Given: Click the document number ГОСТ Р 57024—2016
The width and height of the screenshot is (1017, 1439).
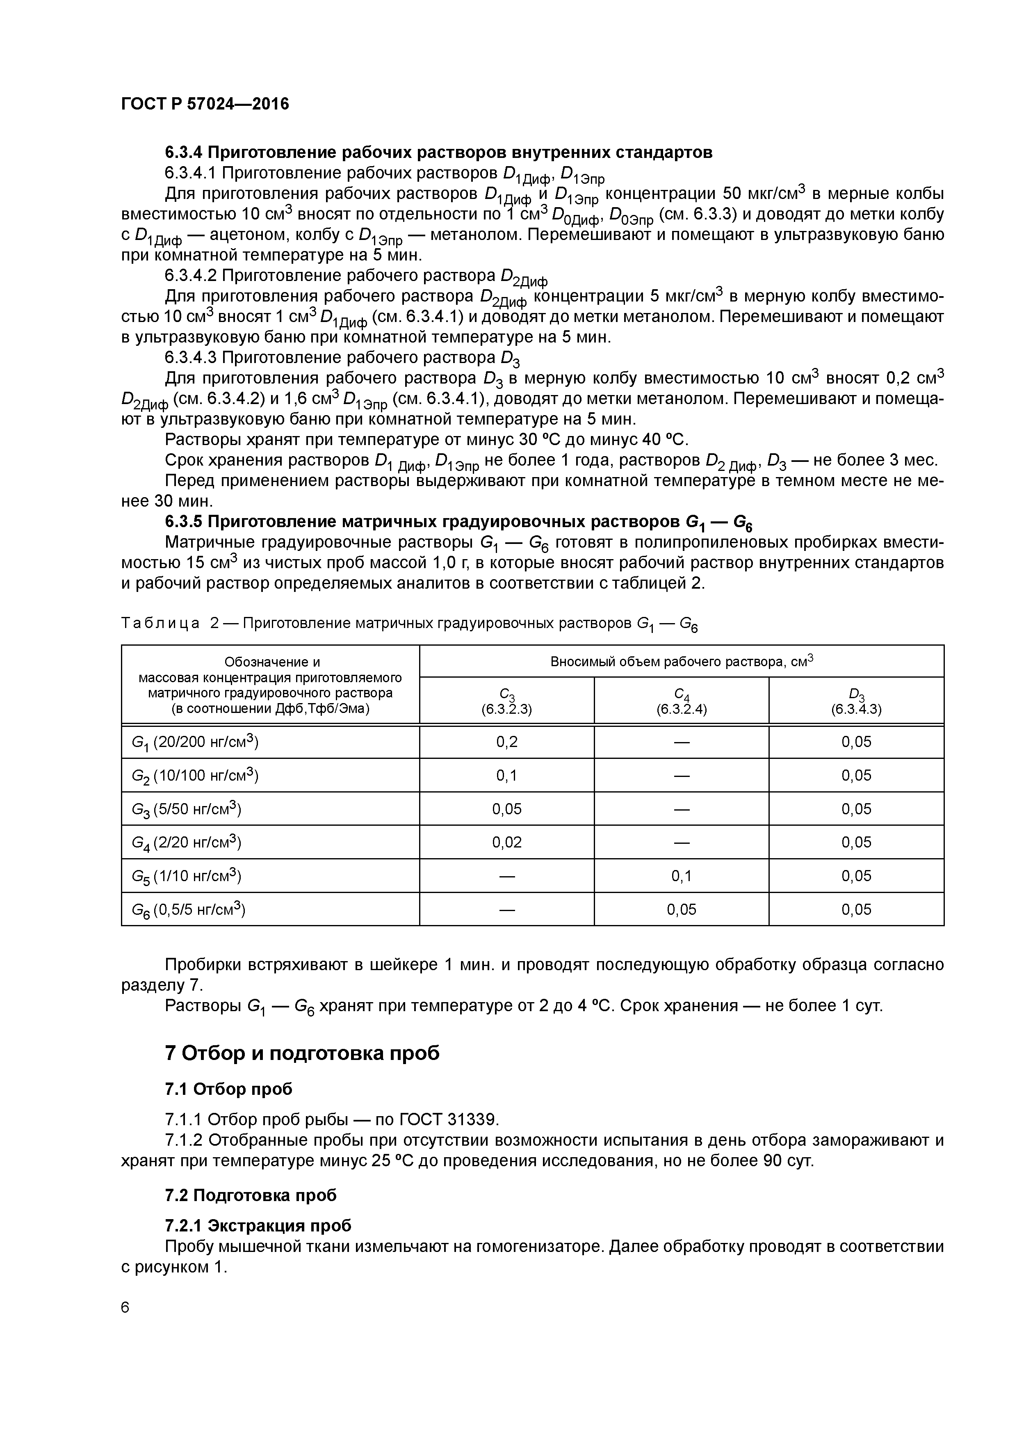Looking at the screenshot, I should (205, 104).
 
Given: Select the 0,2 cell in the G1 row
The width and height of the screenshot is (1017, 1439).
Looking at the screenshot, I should (506, 742).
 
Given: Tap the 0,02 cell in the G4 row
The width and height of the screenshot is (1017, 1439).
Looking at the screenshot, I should (506, 842).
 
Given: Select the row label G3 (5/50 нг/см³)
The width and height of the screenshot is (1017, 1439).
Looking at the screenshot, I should (186, 809).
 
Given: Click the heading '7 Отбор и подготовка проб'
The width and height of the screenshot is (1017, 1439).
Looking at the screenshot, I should (302, 1053).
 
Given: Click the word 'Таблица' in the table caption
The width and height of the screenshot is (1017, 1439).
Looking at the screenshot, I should (160, 623).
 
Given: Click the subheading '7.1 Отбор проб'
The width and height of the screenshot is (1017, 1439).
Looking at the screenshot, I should (229, 1089).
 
